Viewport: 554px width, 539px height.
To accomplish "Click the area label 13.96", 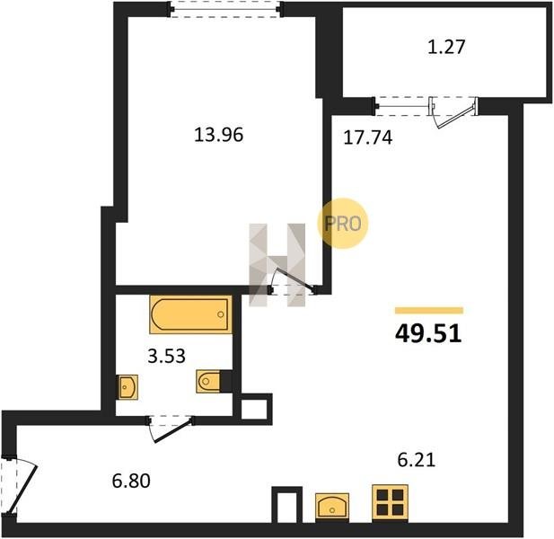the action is tap(219, 135).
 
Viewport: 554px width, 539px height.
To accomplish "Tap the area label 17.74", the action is tap(368, 137).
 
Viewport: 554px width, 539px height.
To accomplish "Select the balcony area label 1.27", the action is tap(446, 47).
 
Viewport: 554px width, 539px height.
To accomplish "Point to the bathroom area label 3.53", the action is tap(166, 356).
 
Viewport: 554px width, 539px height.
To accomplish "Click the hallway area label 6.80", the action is tap(131, 481).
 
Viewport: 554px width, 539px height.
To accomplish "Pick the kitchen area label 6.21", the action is tap(417, 460).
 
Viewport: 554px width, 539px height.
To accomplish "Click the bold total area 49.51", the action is tap(428, 333).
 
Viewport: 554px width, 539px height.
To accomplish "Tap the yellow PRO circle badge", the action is tap(343, 224).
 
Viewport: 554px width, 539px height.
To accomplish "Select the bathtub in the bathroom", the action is tap(190, 314).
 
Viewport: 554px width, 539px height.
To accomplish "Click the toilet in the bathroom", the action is tap(208, 381).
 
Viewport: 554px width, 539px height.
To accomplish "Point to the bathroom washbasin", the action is tap(128, 387).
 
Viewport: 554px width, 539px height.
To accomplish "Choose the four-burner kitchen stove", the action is tap(390, 502).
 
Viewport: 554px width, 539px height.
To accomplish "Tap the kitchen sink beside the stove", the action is tap(332, 506).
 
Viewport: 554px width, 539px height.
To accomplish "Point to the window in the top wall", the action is tap(225, 9).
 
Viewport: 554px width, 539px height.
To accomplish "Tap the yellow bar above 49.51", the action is tap(429, 311).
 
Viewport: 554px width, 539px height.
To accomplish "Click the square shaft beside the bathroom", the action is tap(254, 409).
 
